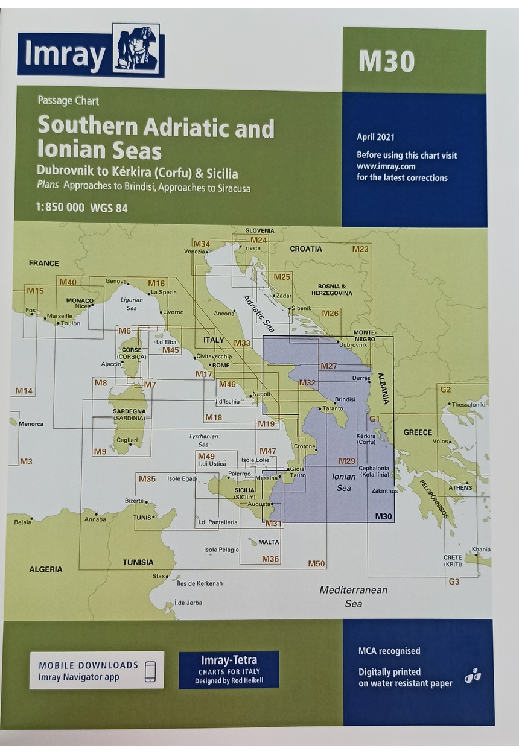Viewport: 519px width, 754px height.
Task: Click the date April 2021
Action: (x=376, y=137)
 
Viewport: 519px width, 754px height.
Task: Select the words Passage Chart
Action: (x=68, y=101)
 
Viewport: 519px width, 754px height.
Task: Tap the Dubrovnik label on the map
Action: (x=353, y=344)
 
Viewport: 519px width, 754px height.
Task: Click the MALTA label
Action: (x=269, y=542)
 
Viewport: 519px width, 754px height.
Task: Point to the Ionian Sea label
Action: (x=343, y=482)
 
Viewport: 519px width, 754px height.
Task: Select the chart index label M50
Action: (x=316, y=564)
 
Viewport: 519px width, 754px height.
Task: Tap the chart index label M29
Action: (x=346, y=461)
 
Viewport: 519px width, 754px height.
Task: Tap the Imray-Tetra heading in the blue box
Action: (x=229, y=662)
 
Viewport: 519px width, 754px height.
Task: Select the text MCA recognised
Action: (x=389, y=651)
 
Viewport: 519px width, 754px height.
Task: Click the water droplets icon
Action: (x=472, y=677)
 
